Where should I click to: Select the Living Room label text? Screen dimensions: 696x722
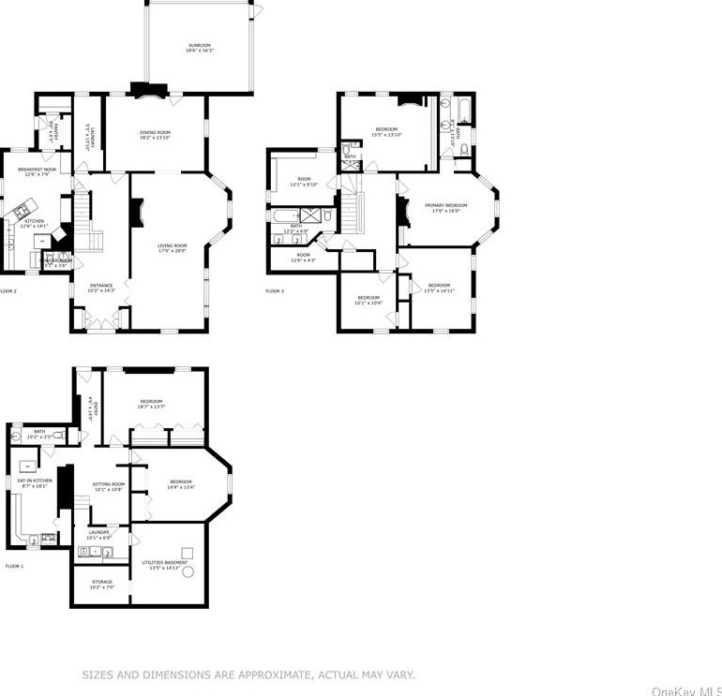(172, 247)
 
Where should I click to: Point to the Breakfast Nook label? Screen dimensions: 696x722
(37, 170)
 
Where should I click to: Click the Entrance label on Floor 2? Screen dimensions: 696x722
(101, 288)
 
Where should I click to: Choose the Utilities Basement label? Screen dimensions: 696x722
(164, 565)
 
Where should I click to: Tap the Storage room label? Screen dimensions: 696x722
(102, 585)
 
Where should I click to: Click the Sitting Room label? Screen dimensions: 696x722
(108, 486)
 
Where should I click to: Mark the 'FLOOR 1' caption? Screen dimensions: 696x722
(15, 567)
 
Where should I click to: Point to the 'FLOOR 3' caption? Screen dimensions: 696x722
(275, 291)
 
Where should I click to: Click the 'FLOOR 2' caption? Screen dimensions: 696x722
(8, 291)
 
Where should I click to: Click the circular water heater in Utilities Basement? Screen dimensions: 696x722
(188, 571)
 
